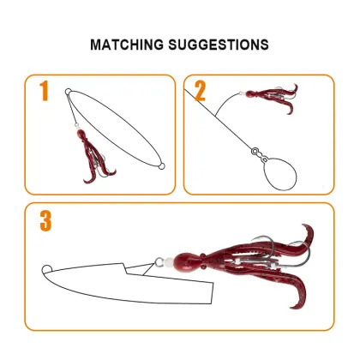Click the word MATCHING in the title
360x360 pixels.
[x=127, y=45]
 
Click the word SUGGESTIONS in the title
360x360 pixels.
[x=219, y=45]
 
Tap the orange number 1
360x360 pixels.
[x=44, y=91]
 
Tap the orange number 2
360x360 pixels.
[x=200, y=91]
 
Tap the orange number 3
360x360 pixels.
[x=45, y=221]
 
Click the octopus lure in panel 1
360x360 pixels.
[x=92, y=156]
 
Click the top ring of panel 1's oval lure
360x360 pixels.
[x=68, y=92]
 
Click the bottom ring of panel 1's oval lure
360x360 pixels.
[x=161, y=166]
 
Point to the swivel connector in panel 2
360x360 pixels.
[x=260, y=154]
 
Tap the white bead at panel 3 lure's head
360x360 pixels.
[x=169, y=262]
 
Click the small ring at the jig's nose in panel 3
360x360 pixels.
[x=47, y=269]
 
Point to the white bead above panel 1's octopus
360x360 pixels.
[x=76, y=125]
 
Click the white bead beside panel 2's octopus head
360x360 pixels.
[x=241, y=93]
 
